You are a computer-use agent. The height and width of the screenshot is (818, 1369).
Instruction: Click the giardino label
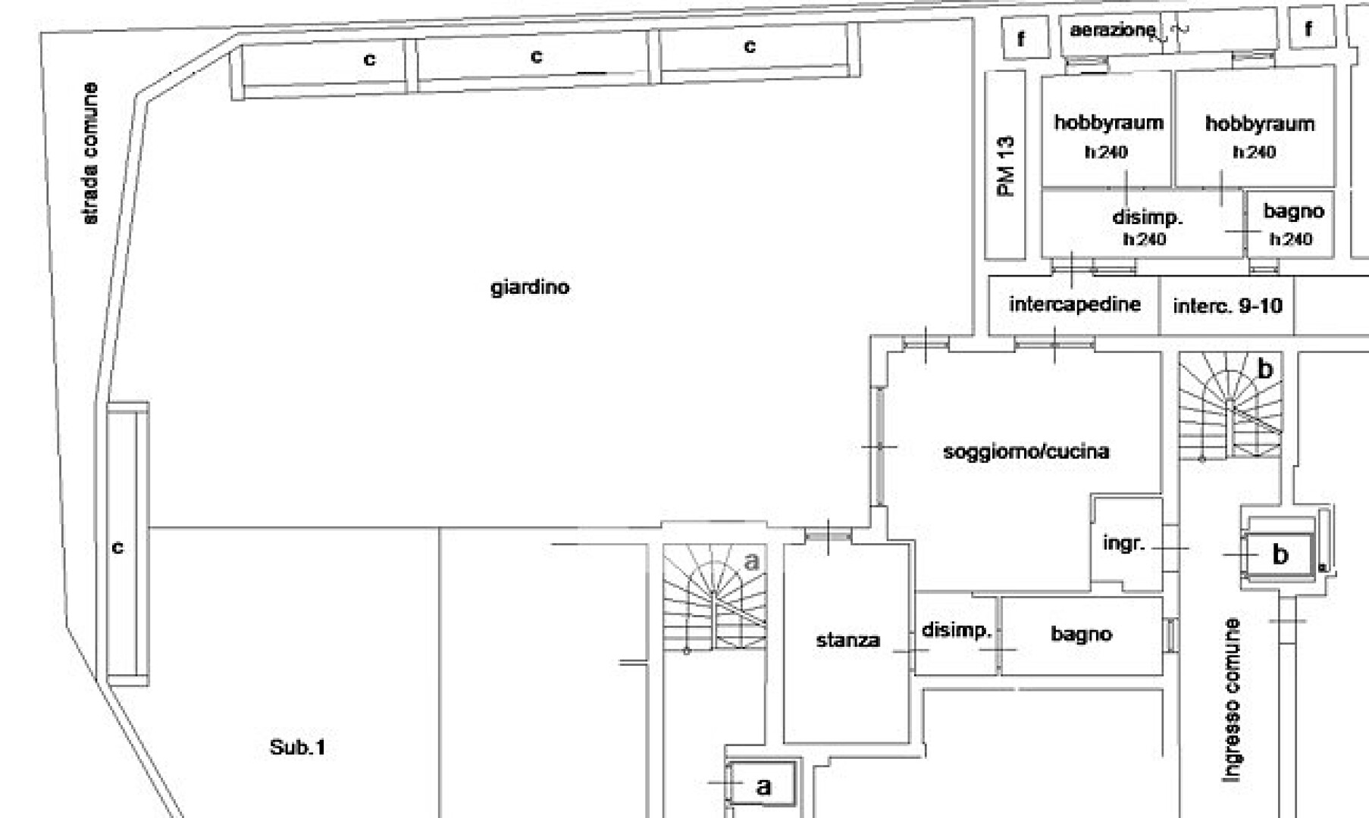click(x=530, y=288)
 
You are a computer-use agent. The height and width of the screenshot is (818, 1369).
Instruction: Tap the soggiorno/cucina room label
click(x=1026, y=451)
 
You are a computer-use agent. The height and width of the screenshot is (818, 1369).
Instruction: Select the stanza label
click(x=847, y=640)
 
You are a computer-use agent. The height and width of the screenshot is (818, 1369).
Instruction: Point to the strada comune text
click(x=89, y=153)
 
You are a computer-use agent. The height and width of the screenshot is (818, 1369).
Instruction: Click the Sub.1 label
click(x=297, y=748)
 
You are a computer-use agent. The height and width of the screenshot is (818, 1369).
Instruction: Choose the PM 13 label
click(x=1006, y=166)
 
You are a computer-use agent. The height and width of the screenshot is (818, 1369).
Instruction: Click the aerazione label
click(x=1112, y=30)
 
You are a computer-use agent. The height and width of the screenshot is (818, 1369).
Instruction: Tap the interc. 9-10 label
click(x=1227, y=306)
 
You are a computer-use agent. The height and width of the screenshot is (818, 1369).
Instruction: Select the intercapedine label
click(x=1074, y=304)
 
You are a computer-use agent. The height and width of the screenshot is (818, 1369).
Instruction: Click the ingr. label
click(x=1123, y=544)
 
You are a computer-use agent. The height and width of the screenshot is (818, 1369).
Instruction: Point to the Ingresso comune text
click(x=1232, y=700)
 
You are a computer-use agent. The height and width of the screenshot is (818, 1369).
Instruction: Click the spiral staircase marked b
click(x=1230, y=406)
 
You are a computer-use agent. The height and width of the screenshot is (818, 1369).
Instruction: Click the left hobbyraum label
click(x=1108, y=123)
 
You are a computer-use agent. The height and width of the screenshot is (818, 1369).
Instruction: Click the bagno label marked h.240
click(x=1293, y=211)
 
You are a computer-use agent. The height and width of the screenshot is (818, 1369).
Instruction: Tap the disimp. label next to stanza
click(x=956, y=630)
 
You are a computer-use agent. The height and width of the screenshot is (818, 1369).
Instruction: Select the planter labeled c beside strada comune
click(x=127, y=544)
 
